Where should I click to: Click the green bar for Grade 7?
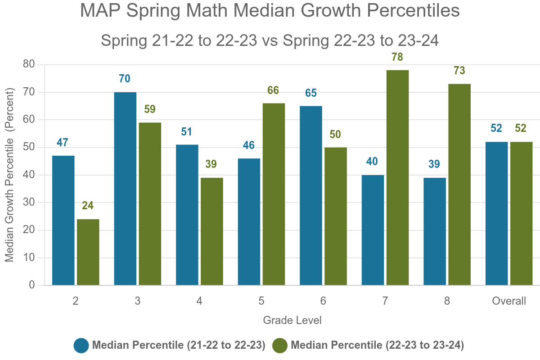click(397, 178)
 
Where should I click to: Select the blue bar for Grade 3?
click(125, 189)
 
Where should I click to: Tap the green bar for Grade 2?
click(88, 252)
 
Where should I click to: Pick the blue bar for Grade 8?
click(435, 231)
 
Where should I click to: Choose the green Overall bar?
click(521, 213)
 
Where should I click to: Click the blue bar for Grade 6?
click(311, 195)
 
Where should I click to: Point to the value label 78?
click(397, 58)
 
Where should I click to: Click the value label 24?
click(88, 206)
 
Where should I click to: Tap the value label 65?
click(311, 94)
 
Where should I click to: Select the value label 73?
click(459, 71)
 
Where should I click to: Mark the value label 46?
click(249, 146)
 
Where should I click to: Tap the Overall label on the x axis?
click(509, 301)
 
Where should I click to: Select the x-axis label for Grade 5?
click(261, 301)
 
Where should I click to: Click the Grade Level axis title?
click(292, 320)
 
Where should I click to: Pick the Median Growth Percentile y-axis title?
click(10, 175)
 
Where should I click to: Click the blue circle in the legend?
click(81, 346)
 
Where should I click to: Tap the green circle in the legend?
click(280, 346)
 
